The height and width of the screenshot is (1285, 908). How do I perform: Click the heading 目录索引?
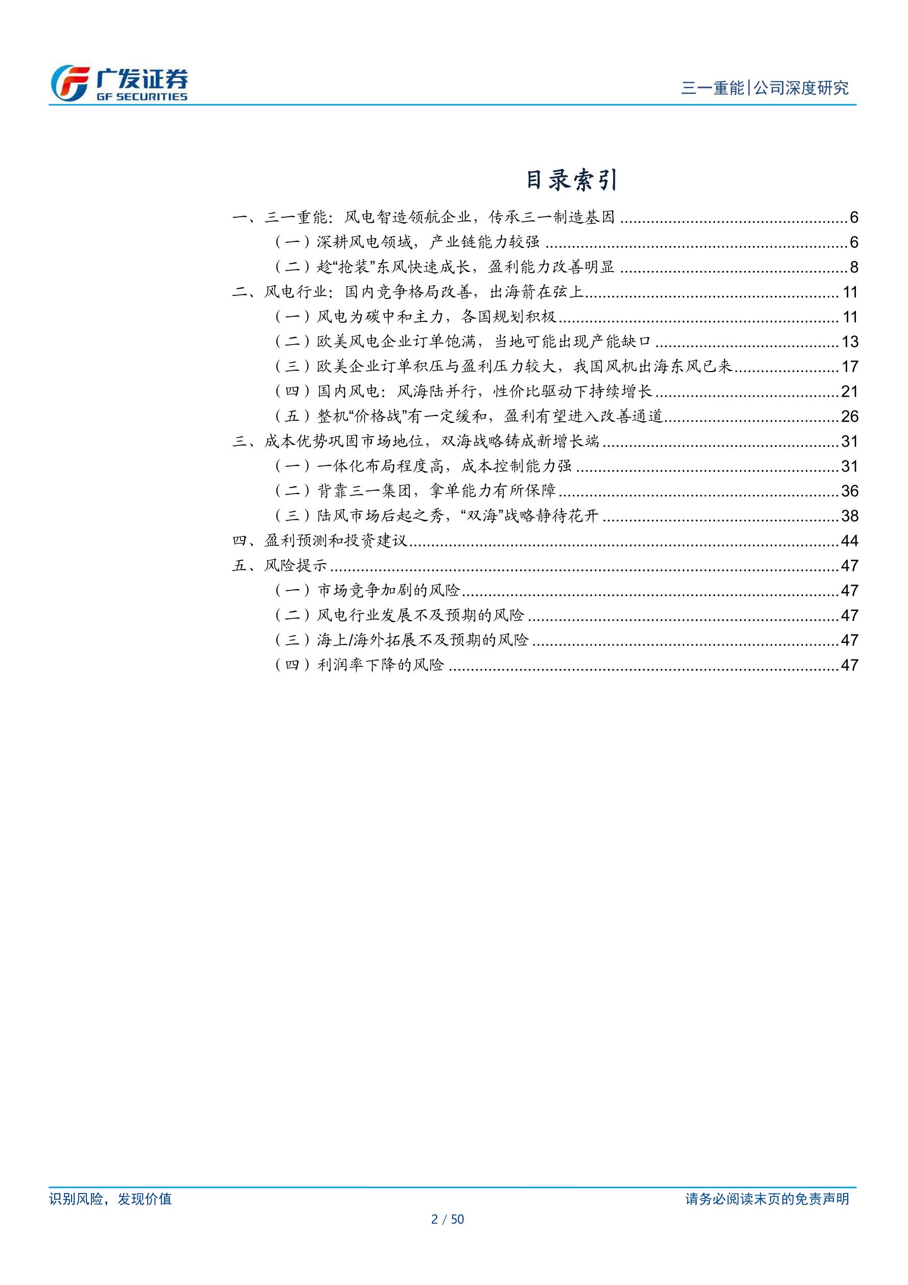tap(571, 180)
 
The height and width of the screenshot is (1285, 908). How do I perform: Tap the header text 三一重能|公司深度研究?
tap(764, 88)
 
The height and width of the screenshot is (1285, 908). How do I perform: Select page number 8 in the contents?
tap(853, 267)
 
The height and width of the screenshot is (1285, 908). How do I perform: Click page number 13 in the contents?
tap(849, 342)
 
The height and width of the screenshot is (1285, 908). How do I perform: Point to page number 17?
tap(849, 366)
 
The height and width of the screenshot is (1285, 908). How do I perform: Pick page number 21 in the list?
tap(849, 392)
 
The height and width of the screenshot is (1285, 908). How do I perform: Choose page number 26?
tap(849, 417)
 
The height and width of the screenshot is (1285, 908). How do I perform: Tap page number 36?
tap(849, 491)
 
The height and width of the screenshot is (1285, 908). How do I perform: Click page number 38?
tap(849, 516)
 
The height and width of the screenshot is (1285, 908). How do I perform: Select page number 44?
tap(849, 541)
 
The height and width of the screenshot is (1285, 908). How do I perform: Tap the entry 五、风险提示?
tap(279, 565)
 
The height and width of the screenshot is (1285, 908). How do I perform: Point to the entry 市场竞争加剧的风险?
tap(388, 590)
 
